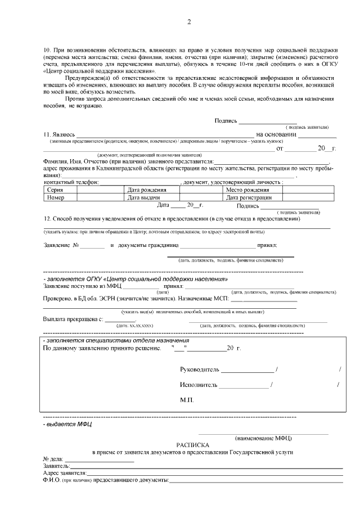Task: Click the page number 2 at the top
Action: pyautogui.click(x=189, y=22)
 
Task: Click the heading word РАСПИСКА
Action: pyautogui.click(x=193, y=444)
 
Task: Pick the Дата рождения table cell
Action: pyautogui.click(x=146, y=190)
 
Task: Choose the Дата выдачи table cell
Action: pyautogui.click(x=145, y=197)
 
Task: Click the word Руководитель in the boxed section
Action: pyautogui.click(x=200, y=370)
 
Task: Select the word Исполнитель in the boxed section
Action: pyautogui.click(x=199, y=385)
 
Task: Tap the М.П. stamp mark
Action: pyautogui.click(x=187, y=399)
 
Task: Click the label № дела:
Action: pyautogui.click(x=53, y=459)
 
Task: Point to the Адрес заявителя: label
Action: pyautogui.click(x=64, y=473)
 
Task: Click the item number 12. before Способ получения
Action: pyautogui.click(x=47, y=218)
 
